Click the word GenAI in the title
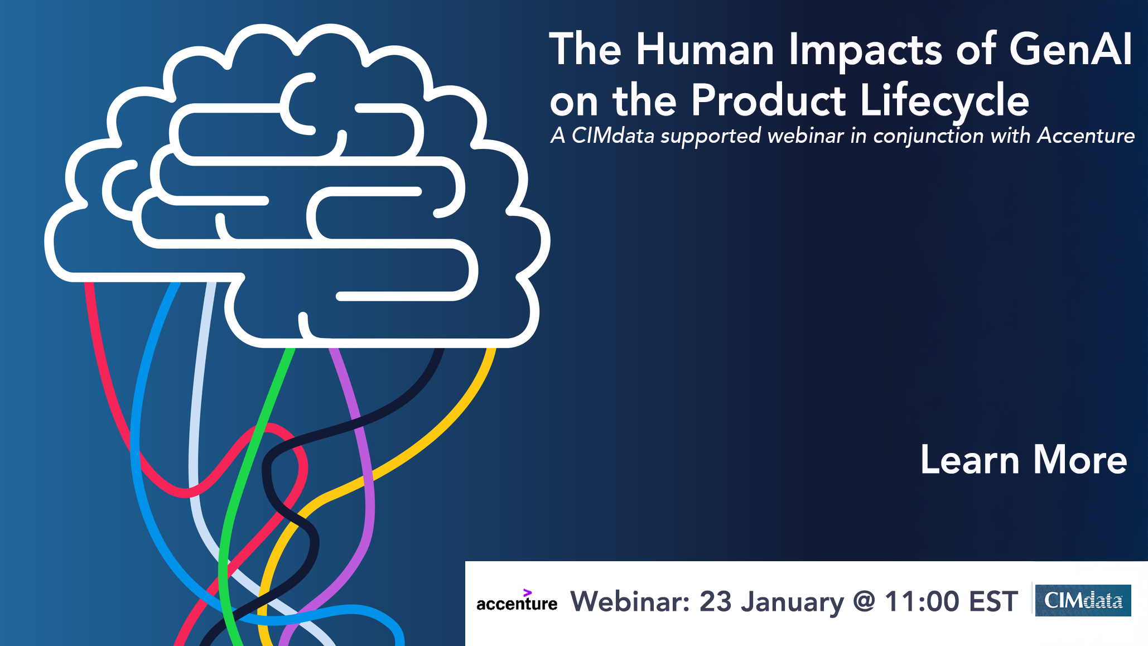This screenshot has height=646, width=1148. (x=1070, y=50)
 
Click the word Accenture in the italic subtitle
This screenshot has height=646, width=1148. (x=1086, y=136)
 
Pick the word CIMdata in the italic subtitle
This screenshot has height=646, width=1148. (x=612, y=136)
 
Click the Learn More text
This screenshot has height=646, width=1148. (x=1024, y=460)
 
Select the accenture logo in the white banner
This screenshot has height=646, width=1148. (x=517, y=603)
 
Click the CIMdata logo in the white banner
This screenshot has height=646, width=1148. (x=1083, y=600)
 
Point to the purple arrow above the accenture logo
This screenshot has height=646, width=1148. (x=527, y=592)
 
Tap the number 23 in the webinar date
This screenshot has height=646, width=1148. (x=716, y=601)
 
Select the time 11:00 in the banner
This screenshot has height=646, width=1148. (x=922, y=601)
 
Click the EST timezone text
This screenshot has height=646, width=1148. (x=993, y=601)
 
